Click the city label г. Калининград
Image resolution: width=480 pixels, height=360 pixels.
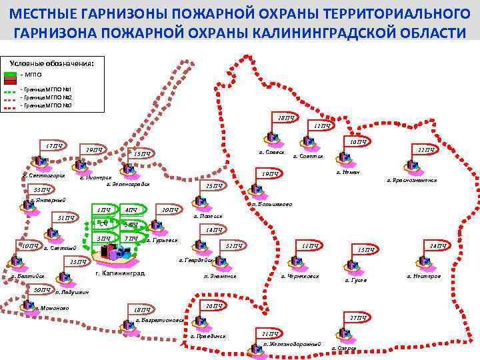tap(120, 273)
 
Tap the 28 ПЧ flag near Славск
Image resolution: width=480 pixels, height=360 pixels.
tap(285, 118)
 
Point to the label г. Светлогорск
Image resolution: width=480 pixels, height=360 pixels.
tap(43, 175)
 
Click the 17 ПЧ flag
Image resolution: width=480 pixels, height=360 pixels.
tap(53, 146)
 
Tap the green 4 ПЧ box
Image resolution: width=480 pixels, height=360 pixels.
tap(131, 211)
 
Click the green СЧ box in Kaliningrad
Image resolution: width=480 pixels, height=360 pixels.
tap(103, 224)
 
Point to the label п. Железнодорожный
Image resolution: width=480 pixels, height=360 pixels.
tap(291, 344)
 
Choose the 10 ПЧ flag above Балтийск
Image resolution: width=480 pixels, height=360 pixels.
tap(29, 247)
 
